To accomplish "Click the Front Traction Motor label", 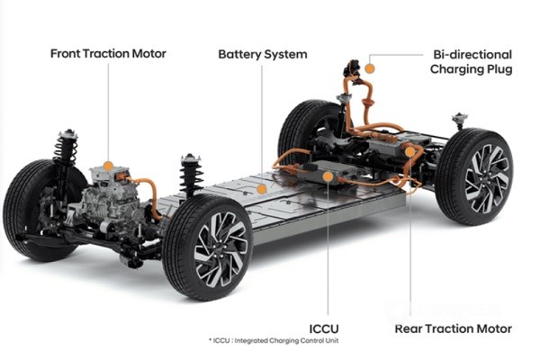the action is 108,54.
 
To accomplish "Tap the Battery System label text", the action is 263,54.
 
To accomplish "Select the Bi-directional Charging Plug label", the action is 471,62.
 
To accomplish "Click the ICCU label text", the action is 324,328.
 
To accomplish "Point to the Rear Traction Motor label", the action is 454,328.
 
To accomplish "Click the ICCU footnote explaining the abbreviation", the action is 274,341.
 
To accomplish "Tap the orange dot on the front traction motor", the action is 108,166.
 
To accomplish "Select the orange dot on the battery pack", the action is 262,189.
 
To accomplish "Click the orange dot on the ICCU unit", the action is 328,176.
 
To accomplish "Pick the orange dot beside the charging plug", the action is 370,68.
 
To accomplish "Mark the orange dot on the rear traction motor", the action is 409,152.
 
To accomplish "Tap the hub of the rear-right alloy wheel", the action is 486,178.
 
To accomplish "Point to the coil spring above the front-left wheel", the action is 66,148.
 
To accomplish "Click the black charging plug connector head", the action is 352,69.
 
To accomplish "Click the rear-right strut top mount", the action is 460,119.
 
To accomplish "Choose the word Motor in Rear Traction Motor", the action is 493,328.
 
